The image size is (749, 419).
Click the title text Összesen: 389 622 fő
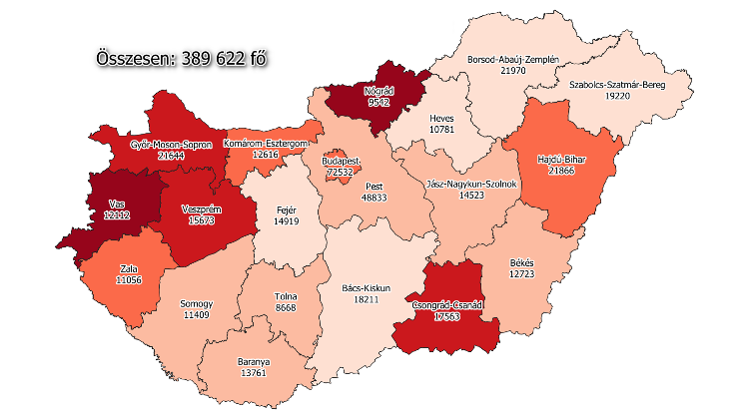click(x=183, y=59)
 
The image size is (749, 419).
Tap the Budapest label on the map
click(x=343, y=161)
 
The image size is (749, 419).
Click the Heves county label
click(x=441, y=117)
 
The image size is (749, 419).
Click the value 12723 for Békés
click(x=525, y=272)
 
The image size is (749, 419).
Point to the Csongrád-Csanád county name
click(x=440, y=305)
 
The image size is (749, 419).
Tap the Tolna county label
click(x=286, y=296)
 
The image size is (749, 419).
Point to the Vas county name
click(x=118, y=205)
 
